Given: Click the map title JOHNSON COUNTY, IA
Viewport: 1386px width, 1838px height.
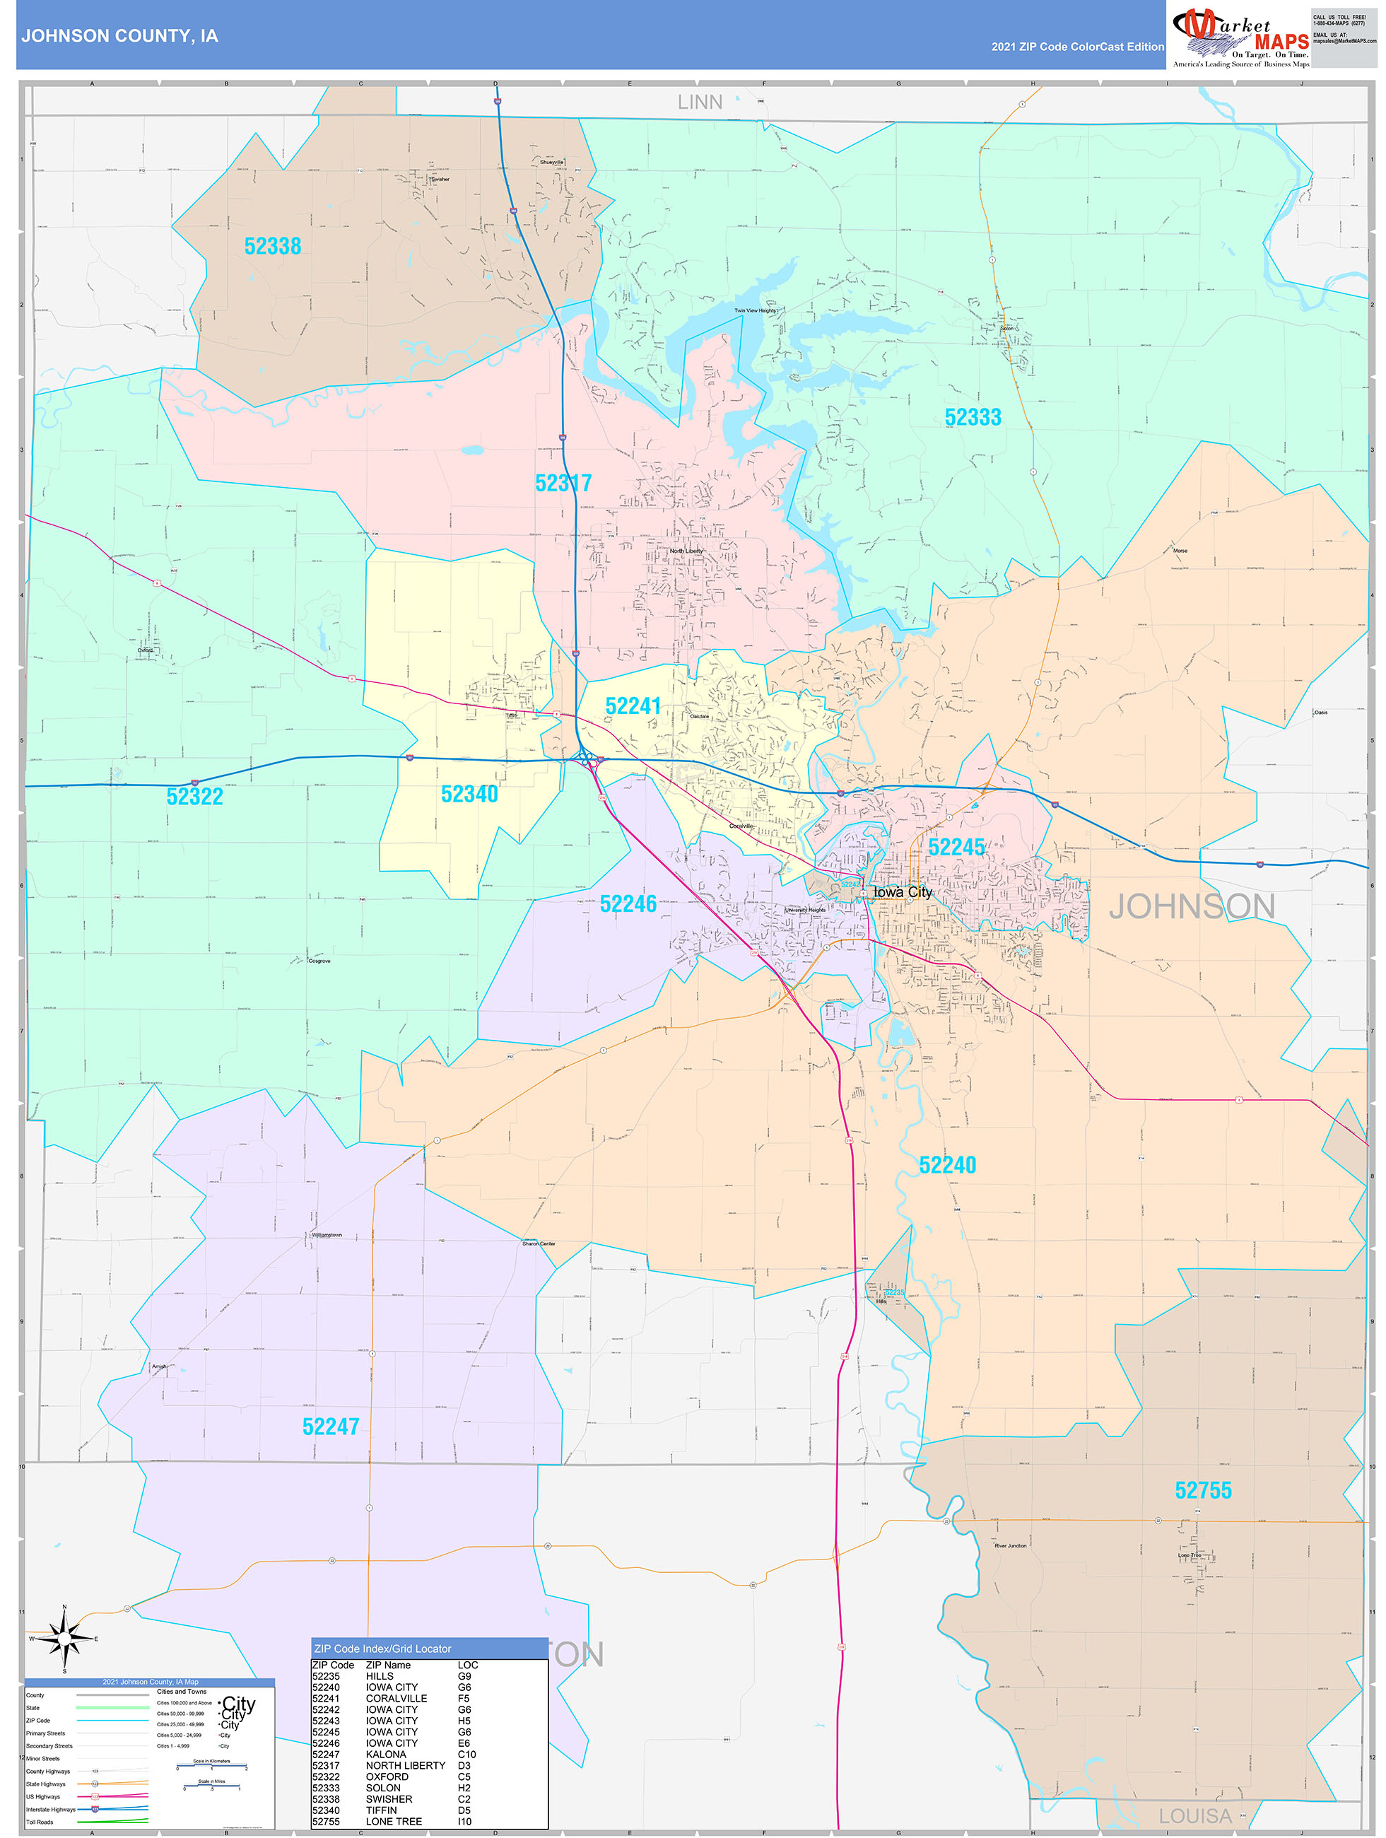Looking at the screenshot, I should click(x=119, y=36).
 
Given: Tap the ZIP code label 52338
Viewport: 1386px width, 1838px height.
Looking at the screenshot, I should click(x=273, y=246).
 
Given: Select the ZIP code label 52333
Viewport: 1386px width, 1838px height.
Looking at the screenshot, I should click(x=973, y=417).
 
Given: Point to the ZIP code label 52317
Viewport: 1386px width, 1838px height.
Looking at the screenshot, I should click(x=563, y=483).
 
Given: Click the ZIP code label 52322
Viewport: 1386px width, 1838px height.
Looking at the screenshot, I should click(x=194, y=796).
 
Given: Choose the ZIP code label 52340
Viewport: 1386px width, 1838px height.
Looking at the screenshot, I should click(x=469, y=794).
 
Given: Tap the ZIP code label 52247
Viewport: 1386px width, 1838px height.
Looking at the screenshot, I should click(x=331, y=1427).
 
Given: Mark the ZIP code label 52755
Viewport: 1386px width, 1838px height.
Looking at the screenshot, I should click(x=1202, y=1490).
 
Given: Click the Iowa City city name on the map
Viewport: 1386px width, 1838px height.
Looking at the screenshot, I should click(x=903, y=891).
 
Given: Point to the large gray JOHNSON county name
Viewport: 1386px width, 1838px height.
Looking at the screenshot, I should click(x=1192, y=906).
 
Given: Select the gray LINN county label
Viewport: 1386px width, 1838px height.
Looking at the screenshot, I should click(x=700, y=103).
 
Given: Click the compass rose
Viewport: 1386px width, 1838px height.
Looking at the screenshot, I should click(x=65, y=1639).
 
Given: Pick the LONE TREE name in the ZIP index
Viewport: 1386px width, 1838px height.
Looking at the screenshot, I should click(x=394, y=1821).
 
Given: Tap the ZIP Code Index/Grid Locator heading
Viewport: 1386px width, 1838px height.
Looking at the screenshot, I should click(x=382, y=1649).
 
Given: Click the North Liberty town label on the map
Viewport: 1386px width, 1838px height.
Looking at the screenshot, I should click(x=686, y=551).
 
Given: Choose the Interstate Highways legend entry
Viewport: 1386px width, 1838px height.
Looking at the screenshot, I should click(x=51, y=1809).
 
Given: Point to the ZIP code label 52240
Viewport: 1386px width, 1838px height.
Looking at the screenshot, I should click(x=947, y=1165).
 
